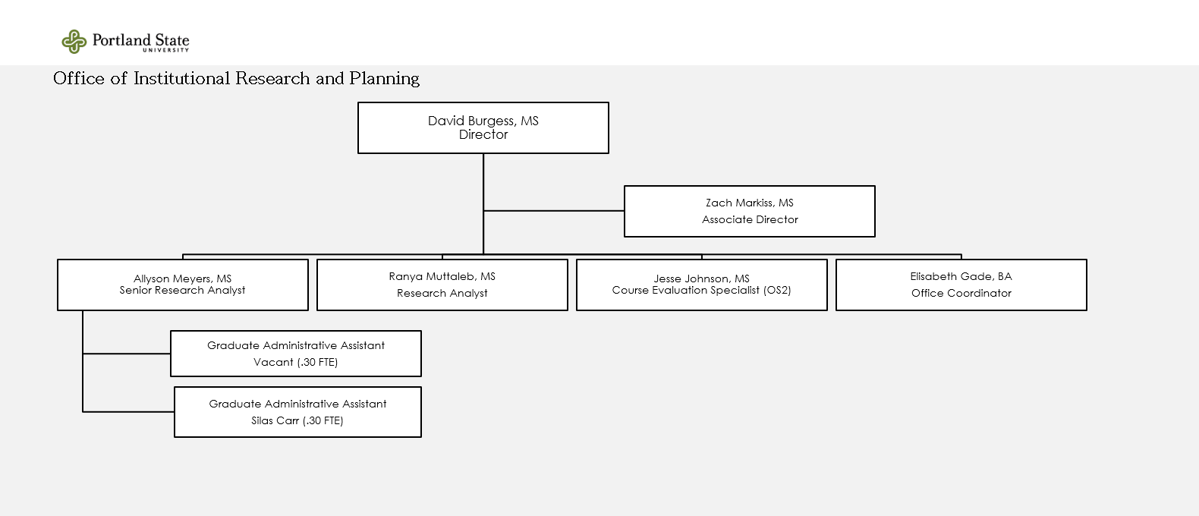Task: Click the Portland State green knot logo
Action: (x=74, y=42)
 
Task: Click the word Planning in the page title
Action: (x=384, y=79)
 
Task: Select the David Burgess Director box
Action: (x=483, y=128)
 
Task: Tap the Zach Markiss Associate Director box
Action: (x=750, y=211)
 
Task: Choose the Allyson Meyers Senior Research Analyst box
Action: (x=183, y=285)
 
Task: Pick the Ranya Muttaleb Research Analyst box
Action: (x=442, y=285)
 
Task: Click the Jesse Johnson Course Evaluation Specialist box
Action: (x=702, y=285)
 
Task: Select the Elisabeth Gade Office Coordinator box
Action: (x=961, y=285)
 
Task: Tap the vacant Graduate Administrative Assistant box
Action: (x=296, y=354)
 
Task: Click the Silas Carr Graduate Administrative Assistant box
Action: (x=297, y=412)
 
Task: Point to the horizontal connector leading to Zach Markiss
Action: (x=553, y=211)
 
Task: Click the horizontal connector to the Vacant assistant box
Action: (x=127, y=354)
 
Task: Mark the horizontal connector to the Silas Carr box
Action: (x=128, y=411)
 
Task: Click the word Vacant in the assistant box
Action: (x=273, y=363)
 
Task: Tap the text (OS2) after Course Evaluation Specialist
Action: (x=777, y=290)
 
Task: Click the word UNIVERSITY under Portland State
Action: (x=166, y=50)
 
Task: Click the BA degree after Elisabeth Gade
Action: (x=1005, y=277)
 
